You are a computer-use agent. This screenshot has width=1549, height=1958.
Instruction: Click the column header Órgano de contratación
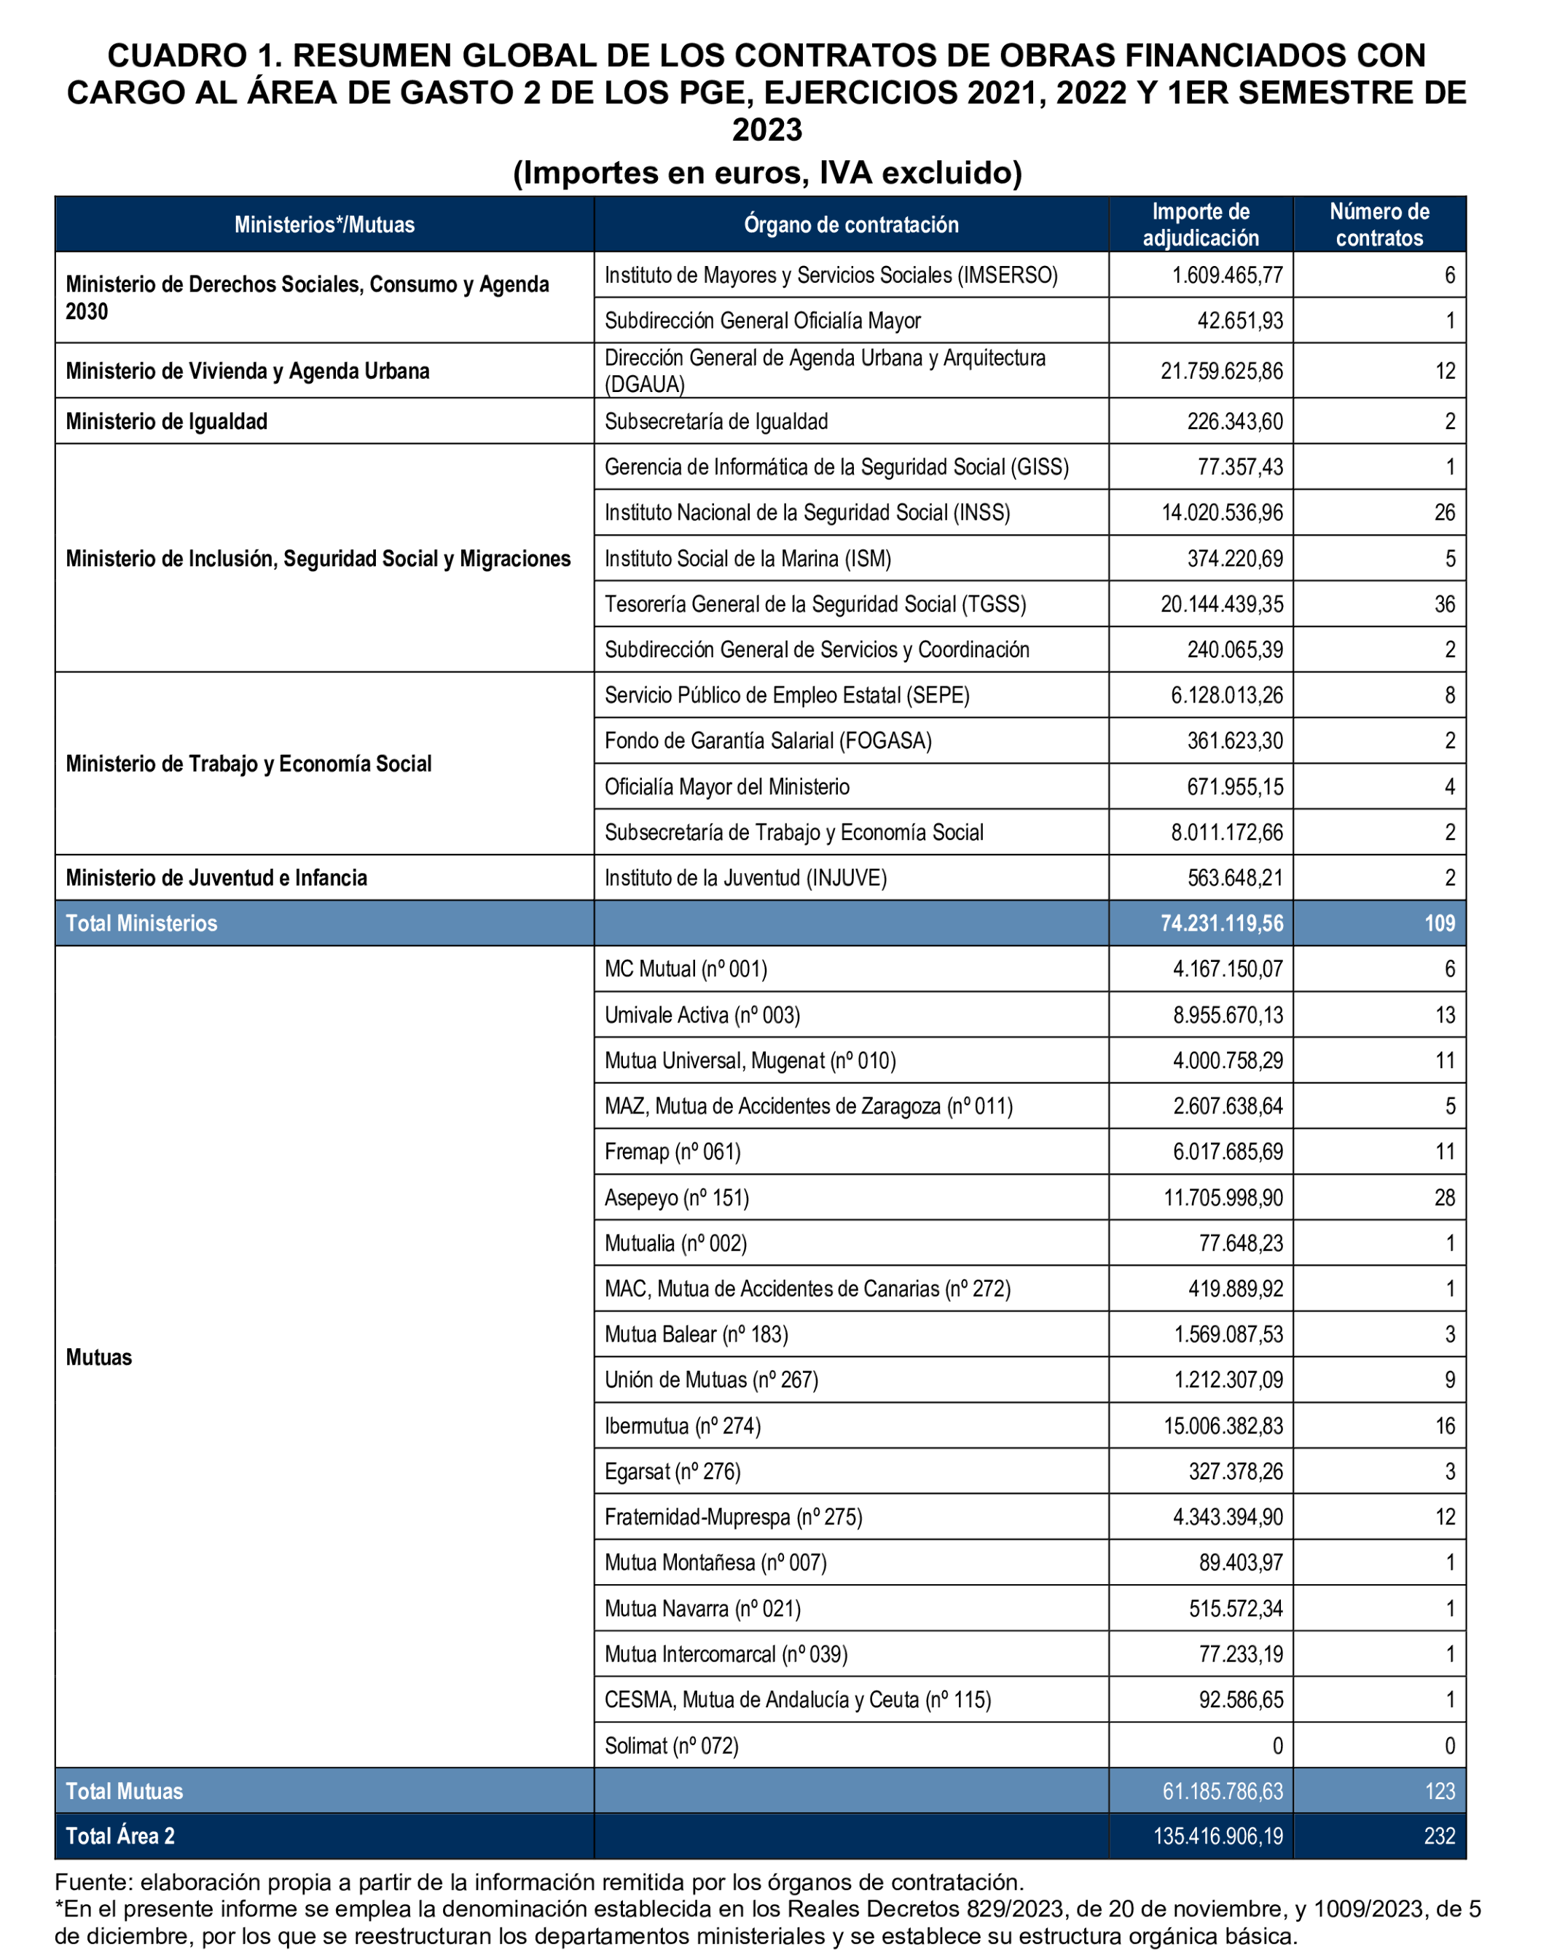(x=851, y=225)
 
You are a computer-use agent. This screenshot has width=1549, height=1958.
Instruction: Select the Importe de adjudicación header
(x=1200, y=225)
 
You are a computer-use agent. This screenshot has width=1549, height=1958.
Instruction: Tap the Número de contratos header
(x=1379, y=225)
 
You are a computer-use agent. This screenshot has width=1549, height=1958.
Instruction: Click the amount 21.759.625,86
(x=1222, y=371)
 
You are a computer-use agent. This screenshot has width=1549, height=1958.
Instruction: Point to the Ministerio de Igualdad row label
(x=167, y=422)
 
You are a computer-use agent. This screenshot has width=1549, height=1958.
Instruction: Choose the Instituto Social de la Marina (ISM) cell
(x=748, y=559)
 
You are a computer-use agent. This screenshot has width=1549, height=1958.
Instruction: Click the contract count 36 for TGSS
(x=1444, y=604)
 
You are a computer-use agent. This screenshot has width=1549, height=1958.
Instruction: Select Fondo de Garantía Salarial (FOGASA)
(x=767, y=741)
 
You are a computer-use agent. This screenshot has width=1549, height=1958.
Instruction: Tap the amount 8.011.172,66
(x=1226, y=833)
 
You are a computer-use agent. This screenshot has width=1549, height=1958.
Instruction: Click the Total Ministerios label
(x=141, y=923)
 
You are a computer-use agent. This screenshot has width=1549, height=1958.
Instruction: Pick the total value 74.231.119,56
(x=1222, y=923)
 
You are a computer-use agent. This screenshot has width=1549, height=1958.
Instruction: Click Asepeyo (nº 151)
(x=677, y=1198)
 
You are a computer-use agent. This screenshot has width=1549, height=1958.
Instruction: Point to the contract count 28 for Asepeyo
(x=1444, y=1198)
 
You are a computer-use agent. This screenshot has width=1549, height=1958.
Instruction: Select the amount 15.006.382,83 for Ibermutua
(x=1223, y=1425)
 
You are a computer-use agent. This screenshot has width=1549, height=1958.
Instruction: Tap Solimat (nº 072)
(x=671, y=1746)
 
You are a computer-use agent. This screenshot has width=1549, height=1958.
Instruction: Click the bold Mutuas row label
(x=99, y=1358)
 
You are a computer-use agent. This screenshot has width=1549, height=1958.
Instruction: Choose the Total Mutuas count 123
(x=1439, y=1791)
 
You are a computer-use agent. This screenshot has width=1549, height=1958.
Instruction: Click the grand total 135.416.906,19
(x=1218, y=1836)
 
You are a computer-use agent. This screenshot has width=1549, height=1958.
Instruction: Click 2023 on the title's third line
(x=767, y=130)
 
